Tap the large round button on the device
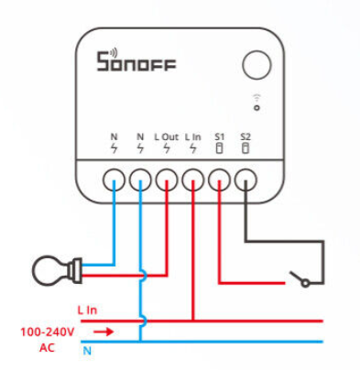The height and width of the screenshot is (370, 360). point(256,65)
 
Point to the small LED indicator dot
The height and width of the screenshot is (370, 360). point(257,108)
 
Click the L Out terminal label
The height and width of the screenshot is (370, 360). point(167,137)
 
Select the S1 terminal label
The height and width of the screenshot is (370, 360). point(219,137)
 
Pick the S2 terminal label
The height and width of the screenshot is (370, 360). point(245,137)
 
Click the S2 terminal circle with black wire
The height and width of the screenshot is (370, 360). point(245,180)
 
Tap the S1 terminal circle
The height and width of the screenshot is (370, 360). point(219,180)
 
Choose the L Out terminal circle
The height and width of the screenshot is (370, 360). point(167,180)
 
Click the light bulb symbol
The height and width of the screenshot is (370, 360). point(57,270)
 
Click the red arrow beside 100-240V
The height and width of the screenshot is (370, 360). point(104,332)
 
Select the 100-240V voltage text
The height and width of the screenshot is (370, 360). point(48,332)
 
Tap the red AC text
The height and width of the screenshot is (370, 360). point(47,347)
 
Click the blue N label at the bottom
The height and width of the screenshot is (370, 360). point(87,351)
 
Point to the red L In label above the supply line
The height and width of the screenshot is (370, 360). point(87,310)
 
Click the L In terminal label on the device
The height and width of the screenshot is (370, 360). point(193,137)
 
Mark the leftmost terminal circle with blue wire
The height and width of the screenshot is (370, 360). point(114,180)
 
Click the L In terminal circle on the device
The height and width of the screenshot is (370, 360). point(193,180)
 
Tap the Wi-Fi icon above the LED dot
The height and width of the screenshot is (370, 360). point(257,98)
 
